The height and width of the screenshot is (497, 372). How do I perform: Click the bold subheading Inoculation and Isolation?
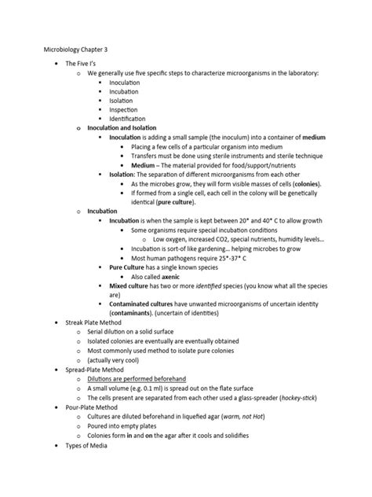(122, 127)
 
